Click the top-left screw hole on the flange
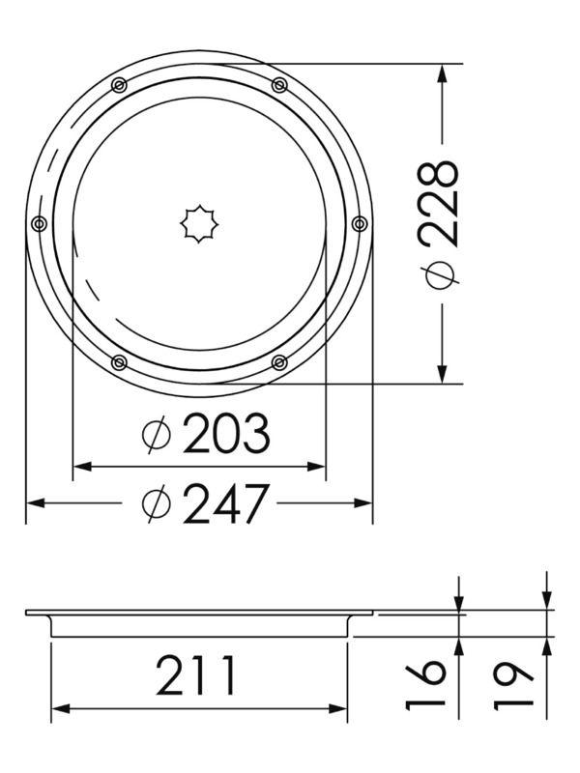[x=118, y=85]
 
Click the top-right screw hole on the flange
[x=279, y=85]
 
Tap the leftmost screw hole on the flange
[x=39, y=224]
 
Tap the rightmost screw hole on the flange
[x=360, y=224]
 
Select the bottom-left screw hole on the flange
[x=119, y=362]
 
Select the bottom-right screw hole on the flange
[x=279, y=362]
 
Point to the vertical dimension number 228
[x=441, y=203]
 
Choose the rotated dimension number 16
[x=426, y=684]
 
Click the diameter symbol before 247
[x=156, y=502]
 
